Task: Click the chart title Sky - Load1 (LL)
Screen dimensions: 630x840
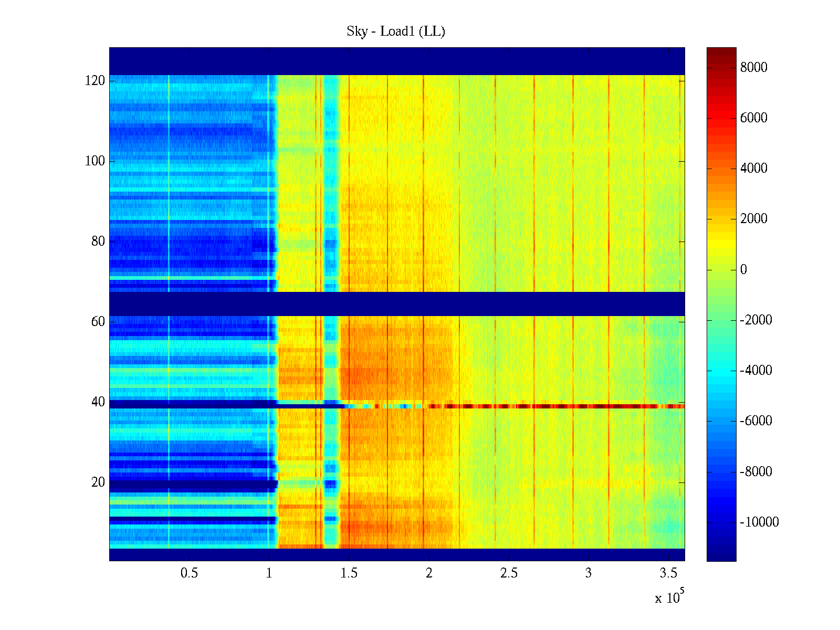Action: [x=396, y=31]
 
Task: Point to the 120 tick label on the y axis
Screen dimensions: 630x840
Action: [x=95, y=81]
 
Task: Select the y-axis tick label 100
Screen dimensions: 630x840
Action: [x=95, y=161]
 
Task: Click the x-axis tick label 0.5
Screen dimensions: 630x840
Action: [x=189, y=573]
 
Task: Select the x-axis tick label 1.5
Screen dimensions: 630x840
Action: [x=349, y=573]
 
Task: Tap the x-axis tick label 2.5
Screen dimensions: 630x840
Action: [x=509, y=573]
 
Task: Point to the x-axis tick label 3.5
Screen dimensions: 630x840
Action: [x=668, y=573]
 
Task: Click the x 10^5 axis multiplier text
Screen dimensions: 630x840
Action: [x=669, y=597]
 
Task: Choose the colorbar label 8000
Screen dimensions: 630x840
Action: [x=753, y=67]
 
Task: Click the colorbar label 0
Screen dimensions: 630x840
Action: [x=743, y=270]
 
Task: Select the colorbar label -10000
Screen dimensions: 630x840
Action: [x=759, y=522]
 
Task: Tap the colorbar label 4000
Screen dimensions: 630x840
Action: [x=753, y=168]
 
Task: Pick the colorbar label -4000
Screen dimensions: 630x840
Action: [x=756, y=371]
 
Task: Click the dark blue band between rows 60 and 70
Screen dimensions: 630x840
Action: [x=397, y=303]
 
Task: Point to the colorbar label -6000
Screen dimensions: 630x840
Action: [x=756, y=421]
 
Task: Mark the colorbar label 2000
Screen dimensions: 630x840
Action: [x=753, y=219]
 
